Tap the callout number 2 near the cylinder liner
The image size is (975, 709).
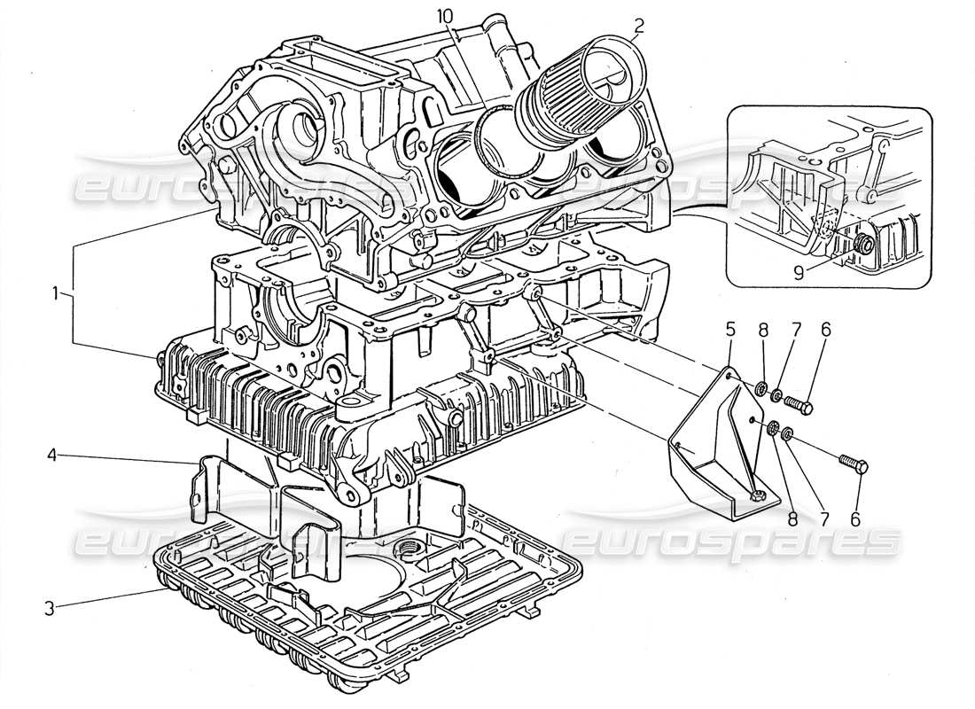pos(638,24)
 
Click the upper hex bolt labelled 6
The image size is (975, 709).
pos(799,405)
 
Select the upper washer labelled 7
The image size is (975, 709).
pos(776,396)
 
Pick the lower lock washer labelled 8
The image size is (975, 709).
pos(771,429)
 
